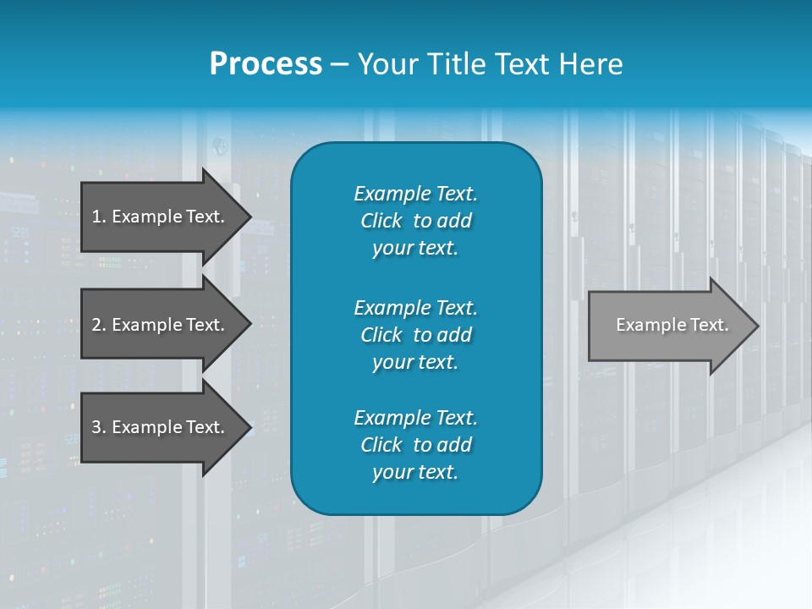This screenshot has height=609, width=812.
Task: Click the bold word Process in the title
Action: [x=266, y=64]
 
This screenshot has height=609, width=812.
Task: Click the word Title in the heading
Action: [x=456, y=64]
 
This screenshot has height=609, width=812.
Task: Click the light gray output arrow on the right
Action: [x=668, y=326]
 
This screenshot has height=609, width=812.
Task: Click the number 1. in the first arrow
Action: [x=98, y=217]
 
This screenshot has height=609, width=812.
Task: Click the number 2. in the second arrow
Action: [x=98, y=325]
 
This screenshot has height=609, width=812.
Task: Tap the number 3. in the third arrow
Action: [x=98, y=427]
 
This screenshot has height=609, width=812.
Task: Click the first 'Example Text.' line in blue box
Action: [x=415, y=194]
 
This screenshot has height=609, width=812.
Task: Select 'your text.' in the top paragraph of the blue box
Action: [x=415, y=249]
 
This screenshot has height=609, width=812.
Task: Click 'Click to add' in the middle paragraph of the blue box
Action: [x=415, y=335]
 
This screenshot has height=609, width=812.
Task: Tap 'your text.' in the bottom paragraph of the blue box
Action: [x=415, y=473]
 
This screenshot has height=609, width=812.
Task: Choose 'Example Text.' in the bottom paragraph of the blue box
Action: [x=415, y=418]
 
